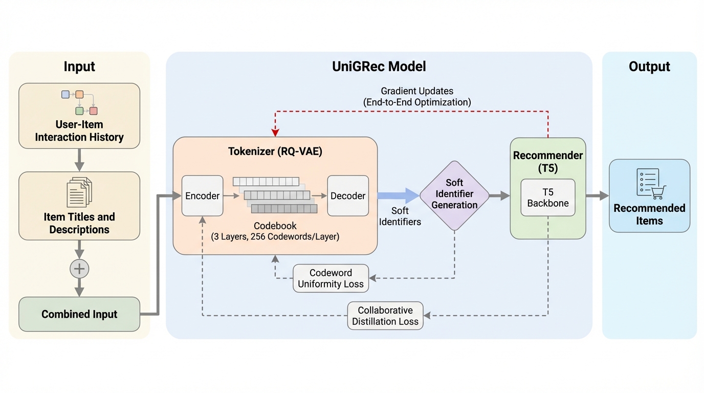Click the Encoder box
tap(203, 195)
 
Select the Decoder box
tap(348, 195)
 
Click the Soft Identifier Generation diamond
tap(454, 194)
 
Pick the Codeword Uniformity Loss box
tap(331, 278)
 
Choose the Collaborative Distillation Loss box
tap(385, 316)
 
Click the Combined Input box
tap(79, 314)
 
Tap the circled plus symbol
tap(79, 269)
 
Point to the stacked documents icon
tap(79, 191)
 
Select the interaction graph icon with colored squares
tap(79, 102)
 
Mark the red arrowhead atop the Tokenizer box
tap(276, 133)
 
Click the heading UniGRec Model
tap(379, 66)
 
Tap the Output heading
tap(649, 67)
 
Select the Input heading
tap(79, 67)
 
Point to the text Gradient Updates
tap(417, 91)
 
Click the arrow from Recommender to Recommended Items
tap(597, 195)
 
